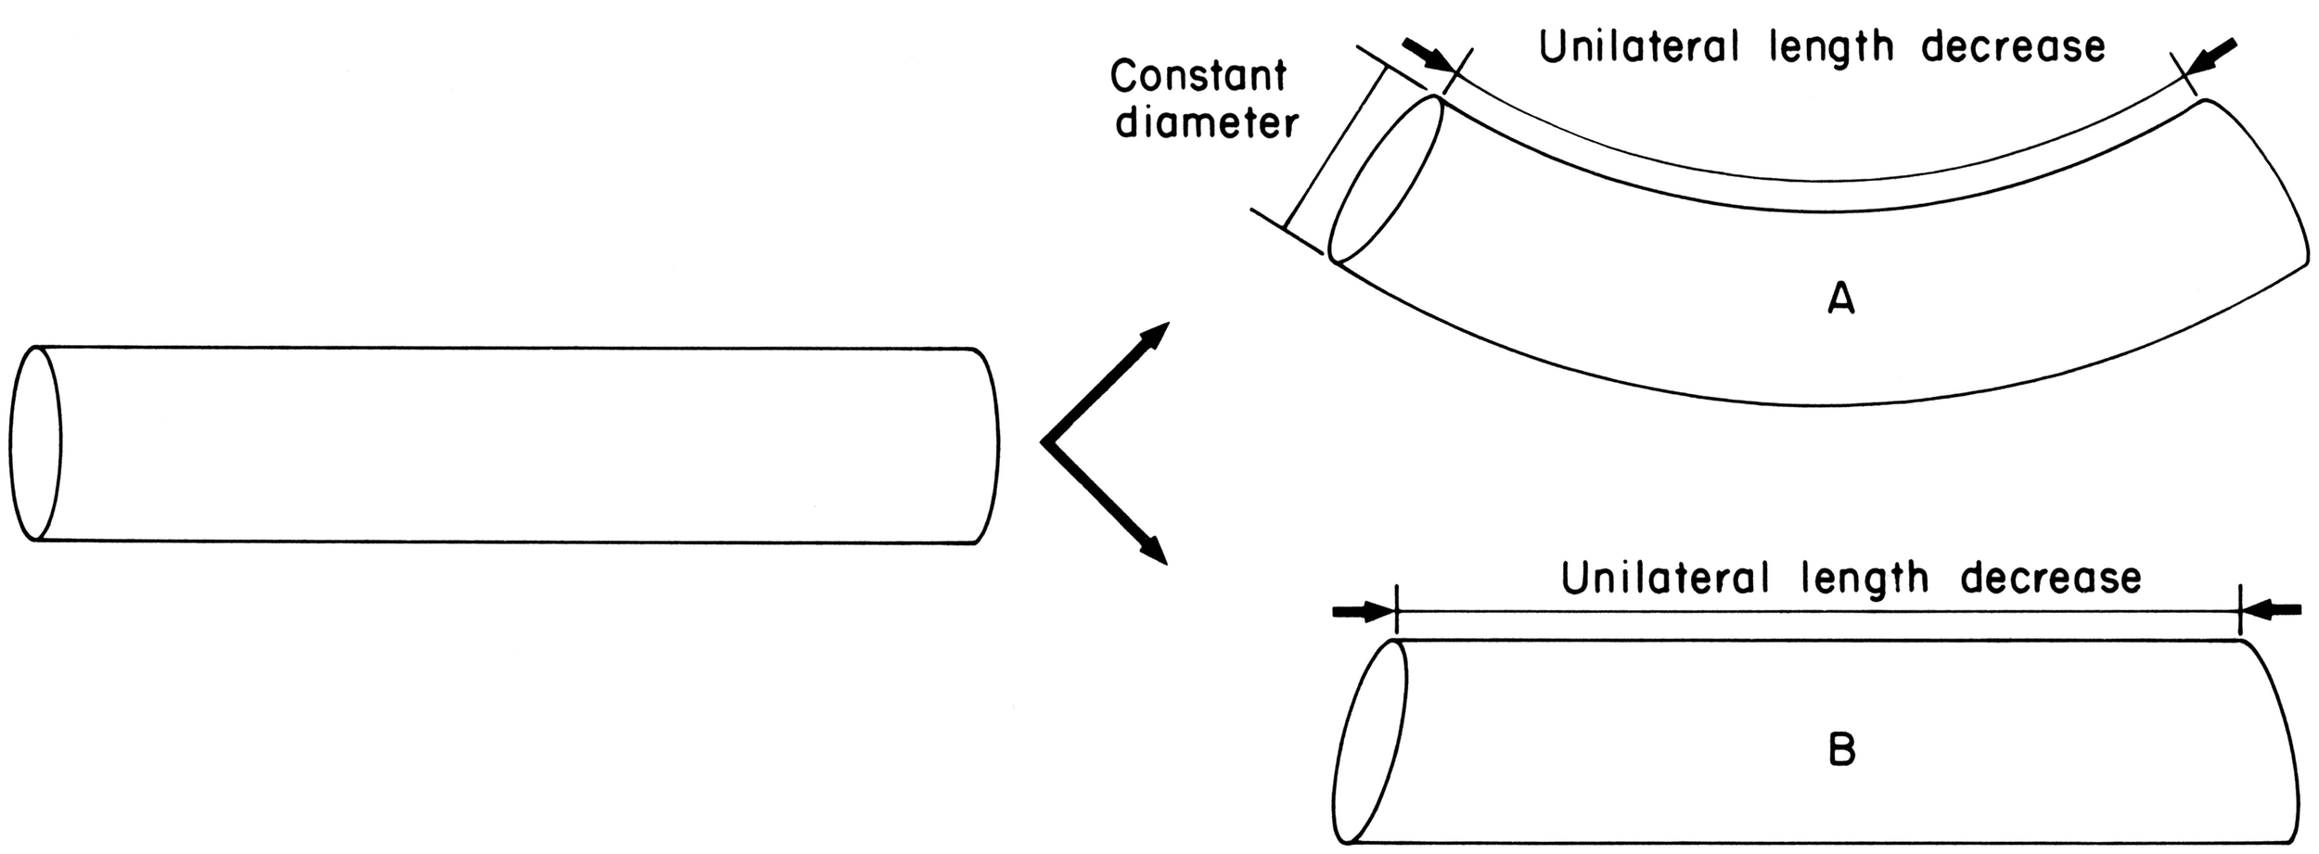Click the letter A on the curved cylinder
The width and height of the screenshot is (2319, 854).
pyautogui.click(x=1840, y=300)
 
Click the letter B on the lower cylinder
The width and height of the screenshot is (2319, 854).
pyautogui.click(x=1841, y=751)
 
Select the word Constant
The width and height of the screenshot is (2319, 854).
pyautogui.click(x=1198, y=76)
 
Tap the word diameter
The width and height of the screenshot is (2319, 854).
pyautogui.click(x=1207, y=123)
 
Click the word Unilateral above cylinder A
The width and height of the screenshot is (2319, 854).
pyautogui.click(x=1639, y=46)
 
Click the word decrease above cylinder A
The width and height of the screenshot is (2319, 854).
pyautogui.click(x=2014, y=46)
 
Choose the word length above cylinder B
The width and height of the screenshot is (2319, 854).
pyautogui.click(x=1864, y=580)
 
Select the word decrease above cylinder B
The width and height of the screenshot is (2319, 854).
pyautogui.click(x=2051, y=578)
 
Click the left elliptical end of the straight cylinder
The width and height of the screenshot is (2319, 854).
pyautogui.click(x=35, y=443)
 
